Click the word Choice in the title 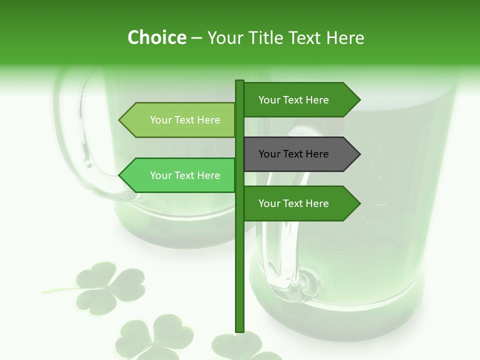(156, 37)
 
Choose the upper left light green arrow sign (180, 120)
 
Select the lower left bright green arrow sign (180, 175)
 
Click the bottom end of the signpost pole (239, 330)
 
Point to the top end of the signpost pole (239, 81)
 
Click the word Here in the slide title (345, 37)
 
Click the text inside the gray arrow (293, 154)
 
